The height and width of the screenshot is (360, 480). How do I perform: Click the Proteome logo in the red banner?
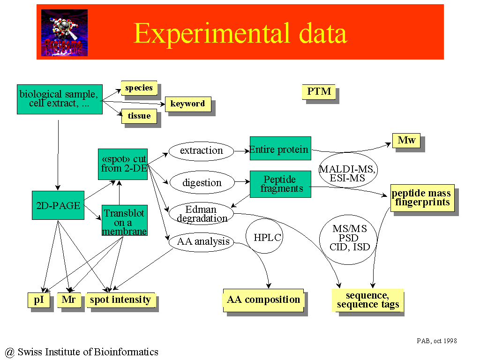point(64,33)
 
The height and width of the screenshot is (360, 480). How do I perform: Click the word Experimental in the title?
point(211,33)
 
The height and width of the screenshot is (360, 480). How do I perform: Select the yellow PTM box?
point(319,91)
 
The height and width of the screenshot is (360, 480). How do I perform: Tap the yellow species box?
point(139,88)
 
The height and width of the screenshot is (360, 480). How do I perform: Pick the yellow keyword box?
point(188,104)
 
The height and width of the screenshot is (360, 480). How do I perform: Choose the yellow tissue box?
point(139,116)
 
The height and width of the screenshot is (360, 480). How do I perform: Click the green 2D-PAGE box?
point(58,205)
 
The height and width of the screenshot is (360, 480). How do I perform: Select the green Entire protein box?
point(280,149)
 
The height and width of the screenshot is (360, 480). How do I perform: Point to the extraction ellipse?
point(202,151)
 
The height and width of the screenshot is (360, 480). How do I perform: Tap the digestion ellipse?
point(202,182)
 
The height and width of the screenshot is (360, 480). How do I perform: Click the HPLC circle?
point(264,236)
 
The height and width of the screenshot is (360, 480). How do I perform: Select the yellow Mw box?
point(406,141)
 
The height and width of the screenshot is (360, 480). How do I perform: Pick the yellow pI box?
point(39,300)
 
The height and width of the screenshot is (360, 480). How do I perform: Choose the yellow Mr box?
point(69,300)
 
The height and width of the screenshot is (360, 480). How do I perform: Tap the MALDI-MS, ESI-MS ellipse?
point(348,170)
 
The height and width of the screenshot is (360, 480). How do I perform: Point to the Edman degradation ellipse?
point(202,213)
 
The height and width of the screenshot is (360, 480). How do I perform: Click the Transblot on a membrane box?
point(125,220)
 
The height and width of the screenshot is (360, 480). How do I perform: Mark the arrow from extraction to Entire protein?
point(242,151)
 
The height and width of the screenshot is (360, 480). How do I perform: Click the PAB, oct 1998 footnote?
point(437,341)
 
